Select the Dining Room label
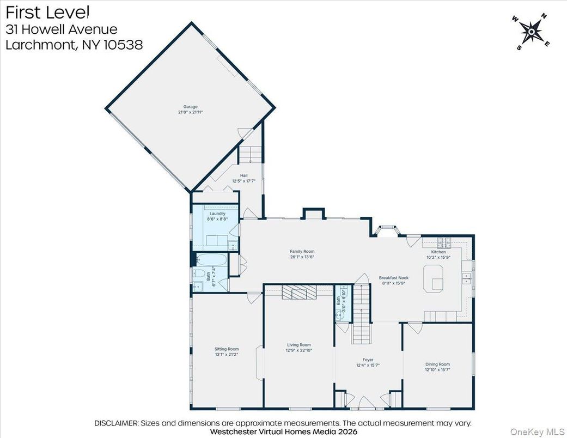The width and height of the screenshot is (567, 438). (x=437, y=364)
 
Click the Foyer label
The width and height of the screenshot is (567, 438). (x=369, y=360)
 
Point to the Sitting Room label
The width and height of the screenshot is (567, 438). (x=226, y=349)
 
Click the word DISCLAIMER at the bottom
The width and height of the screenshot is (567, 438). (x=117, y=423)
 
